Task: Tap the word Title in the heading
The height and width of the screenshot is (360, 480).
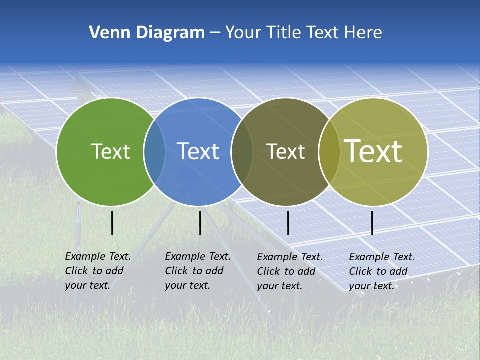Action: [284, 33]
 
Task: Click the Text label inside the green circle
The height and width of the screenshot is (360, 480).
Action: [110, 151]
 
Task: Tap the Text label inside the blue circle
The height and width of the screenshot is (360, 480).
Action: [198, 151]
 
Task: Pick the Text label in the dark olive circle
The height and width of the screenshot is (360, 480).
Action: [285, 151]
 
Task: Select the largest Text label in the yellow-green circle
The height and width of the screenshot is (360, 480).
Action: [373, 151]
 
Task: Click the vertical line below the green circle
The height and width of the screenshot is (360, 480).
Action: [112, 223]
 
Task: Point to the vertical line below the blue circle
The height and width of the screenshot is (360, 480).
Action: [200, 223]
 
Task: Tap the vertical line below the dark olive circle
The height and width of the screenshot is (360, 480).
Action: [288, 223]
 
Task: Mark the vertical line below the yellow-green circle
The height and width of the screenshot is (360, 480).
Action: [372, 223]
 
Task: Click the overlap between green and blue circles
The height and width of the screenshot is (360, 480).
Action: [154, 152]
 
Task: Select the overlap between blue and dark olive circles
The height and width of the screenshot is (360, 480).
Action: [242, 152]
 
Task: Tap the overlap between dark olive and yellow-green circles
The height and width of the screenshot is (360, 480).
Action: [329, 152]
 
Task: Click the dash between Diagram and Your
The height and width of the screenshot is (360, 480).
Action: [215, 33]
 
